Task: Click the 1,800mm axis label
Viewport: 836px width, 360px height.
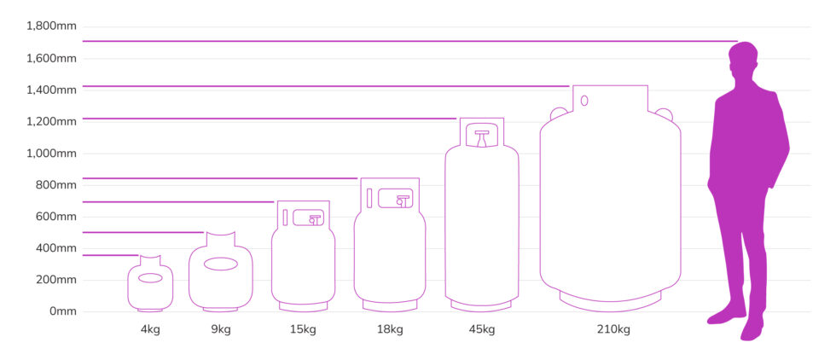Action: point(52,26)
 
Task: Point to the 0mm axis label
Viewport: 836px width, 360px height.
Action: point(63,311)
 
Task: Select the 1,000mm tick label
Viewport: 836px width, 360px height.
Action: point(52,154)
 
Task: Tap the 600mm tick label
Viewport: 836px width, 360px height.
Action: point(56,217)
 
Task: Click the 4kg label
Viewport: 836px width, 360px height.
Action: point(150,329)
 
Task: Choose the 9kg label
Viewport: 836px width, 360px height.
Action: point(220,329)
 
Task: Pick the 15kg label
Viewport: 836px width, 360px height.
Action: point(303,329)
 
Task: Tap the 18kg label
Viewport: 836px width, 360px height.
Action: point(389,329)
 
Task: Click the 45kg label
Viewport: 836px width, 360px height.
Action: point(481,329)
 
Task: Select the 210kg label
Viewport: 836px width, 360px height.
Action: point(610,329)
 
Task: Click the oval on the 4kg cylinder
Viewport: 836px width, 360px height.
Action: point(150,278)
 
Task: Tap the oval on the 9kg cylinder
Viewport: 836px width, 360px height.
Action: point(220,264)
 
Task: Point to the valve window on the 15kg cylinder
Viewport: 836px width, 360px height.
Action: point(309,218)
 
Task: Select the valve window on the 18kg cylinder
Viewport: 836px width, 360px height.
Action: point(396,198)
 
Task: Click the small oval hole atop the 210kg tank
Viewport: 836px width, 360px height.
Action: point(584,101)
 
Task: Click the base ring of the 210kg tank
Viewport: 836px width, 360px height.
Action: point(610,299)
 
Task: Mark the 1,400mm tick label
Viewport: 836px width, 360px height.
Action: point(52,90)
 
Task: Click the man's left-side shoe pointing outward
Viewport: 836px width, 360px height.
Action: point(724,316)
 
